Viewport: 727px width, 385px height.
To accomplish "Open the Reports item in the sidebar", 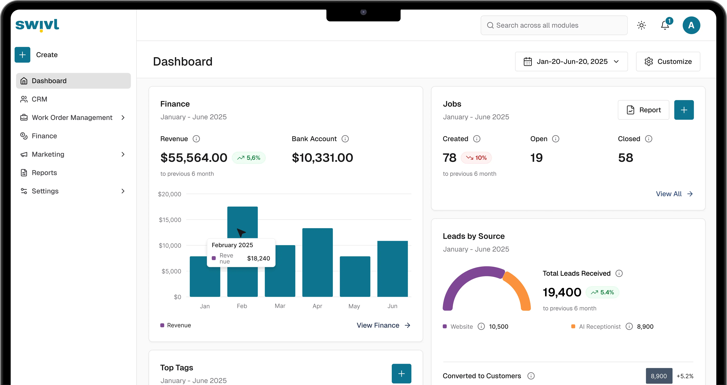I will click(x=44, y=173).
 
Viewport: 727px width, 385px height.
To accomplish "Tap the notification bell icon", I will click(x=665, y=25).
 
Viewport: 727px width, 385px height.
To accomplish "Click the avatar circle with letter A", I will click(x=691, y=25).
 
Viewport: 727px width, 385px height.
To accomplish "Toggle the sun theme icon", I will click(x=641, y=25).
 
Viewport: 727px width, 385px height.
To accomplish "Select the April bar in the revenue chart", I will click(x=318, y=262).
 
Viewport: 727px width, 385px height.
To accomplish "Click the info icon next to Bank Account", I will click(x=345, y=139).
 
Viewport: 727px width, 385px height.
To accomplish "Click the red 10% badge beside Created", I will click(x=476, y=158).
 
